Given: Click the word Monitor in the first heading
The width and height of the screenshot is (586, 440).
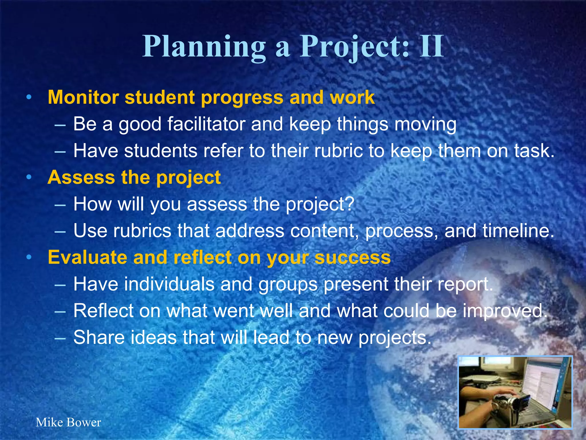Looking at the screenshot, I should pyautogui.click(x=83, y=97).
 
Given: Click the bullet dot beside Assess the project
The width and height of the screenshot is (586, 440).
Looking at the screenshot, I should pyautogui.click(x=29, y=178).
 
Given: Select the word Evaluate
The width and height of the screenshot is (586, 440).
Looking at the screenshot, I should pyautogui.click(x=87, y=257).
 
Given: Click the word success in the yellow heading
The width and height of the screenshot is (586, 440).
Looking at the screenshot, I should pyautogui.click(x=353, y=257).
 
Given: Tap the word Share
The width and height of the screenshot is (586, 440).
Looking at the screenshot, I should pyautogui.click(x=99, y=337).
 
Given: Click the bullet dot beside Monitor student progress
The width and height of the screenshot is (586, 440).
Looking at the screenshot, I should pyautogui.click(x=29, y=98).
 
